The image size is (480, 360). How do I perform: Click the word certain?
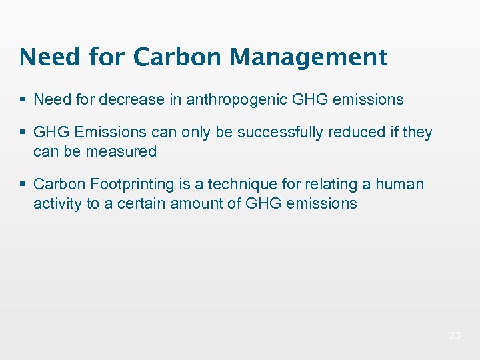point(141,203)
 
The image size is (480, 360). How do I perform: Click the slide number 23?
point(455,336)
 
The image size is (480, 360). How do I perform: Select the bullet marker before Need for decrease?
point(24,101)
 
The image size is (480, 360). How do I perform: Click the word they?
point(417,133)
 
